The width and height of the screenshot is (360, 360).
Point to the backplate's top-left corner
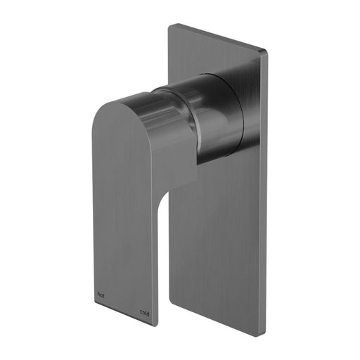[169, 25]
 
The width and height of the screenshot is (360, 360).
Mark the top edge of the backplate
[218, 38]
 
